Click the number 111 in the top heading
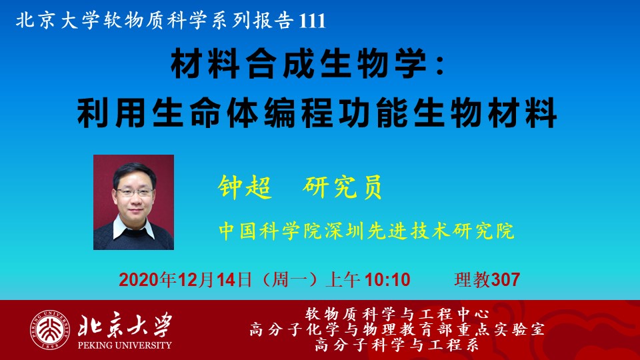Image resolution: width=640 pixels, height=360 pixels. (x=312, y=21)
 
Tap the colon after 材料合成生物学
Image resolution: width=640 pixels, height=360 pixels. (x=440, y=66)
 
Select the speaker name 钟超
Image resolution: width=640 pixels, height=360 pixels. (x=245, y=187)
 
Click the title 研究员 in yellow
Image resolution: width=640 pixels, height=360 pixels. (x=342, y=187)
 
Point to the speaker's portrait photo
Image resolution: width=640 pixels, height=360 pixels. (x=133, y=202)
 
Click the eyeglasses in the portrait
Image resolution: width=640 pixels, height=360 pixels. (x=135, y=192)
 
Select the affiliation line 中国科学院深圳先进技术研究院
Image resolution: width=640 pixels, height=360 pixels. (x=366, y=231)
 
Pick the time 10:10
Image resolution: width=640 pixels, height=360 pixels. (x=387, y=280)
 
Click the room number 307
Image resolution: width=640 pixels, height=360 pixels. (x=505, y=280)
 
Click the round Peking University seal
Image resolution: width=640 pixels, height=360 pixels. (x=49, y=330)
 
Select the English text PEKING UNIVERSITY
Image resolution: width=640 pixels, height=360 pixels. (x=125, y=345)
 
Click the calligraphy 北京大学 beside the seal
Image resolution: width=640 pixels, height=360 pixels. (x=125, y=325)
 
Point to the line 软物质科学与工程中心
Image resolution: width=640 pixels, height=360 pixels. (x=397, y=314)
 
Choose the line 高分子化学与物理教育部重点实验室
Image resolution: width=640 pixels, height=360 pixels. (x=397, y=329)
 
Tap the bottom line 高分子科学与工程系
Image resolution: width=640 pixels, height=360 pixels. (x=397, y=345)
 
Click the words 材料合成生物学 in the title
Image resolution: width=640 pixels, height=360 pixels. (x=299, y=65)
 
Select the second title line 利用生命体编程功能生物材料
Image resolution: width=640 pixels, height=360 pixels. (x=317, y=112)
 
